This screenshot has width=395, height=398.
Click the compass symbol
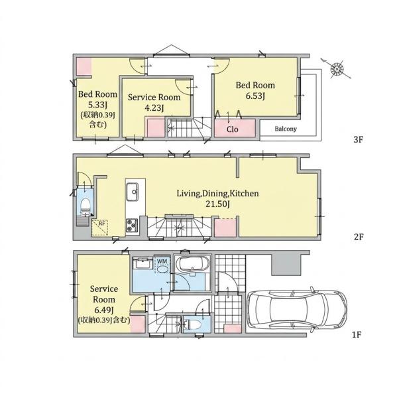click(x=337, y=68)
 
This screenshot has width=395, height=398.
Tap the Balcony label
click(x=286, y=129)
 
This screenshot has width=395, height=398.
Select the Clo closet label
click(x=232, y=129)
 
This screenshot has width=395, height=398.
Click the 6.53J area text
click(x=255, y=96)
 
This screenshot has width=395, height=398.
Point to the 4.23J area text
click(x=154, y=108)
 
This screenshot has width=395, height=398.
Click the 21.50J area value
click(x=217, y=204)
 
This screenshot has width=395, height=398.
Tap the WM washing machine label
click(x=162, y=261)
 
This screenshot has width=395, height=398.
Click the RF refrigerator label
click(x=101, y=224)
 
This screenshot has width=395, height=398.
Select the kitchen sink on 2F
click(x=132, y=192)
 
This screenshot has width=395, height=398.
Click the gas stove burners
click(x=132, y=225)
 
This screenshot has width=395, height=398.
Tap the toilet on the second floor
click(x=85, y=205)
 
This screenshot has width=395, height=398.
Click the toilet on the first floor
click(x=193, y=324)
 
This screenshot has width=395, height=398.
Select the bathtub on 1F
click(x=192, y=265)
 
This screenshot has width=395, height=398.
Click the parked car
click(x=297, y=310)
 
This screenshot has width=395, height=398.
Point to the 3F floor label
click(x=359, y=139)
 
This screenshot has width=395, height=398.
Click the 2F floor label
click(x=359, y=237)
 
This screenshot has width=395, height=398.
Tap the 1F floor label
click(x=356, y=335)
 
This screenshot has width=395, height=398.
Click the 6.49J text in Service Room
click(x=104, y=310)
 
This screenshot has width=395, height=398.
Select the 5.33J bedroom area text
click(x=97, y=105)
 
